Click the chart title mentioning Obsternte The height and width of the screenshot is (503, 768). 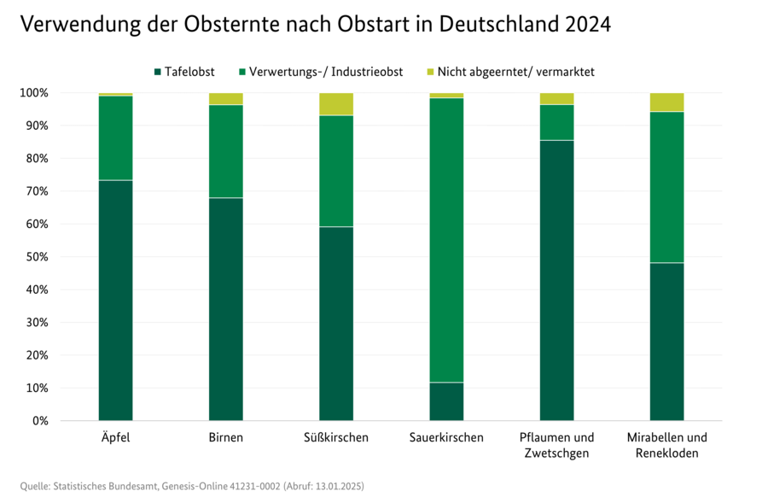[x=315, y=25]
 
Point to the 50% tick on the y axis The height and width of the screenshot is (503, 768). [x=39, y=257]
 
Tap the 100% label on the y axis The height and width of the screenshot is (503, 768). [x=36, y=92]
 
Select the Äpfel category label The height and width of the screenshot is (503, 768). [x=115, y=438]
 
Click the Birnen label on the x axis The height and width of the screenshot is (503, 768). [x=225, y=438]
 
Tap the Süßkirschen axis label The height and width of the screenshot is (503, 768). [x=336, y=438]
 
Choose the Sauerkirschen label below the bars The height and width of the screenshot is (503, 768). [x=446, y=438]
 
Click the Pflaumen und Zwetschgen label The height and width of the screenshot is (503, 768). [x=556, y=445]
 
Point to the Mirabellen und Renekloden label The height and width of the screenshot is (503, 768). [x=666, y=445]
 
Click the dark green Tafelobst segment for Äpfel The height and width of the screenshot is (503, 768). [x=115, y=300]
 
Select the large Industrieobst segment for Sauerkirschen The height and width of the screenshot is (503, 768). [x=446, y=240]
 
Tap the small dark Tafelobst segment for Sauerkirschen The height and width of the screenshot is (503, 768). [x=446, y=401]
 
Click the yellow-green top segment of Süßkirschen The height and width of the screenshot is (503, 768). [x=336, y=103]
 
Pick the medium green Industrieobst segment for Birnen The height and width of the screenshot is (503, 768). [x=225, y=151]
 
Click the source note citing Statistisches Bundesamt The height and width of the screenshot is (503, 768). [x=192, y=486]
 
